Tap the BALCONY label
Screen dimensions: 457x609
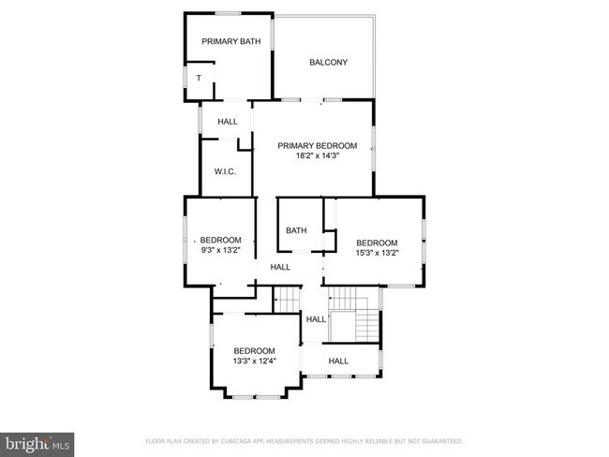tap(328, 63)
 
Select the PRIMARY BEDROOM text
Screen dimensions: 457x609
tap(317, 145)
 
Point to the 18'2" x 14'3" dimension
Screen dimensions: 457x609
tap(317, 157)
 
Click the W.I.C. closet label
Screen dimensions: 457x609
tap(224, 171)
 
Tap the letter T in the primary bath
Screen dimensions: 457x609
tap(198, 78)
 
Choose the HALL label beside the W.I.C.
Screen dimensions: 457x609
tap(228, 122)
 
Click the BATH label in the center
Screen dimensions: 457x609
tap(297, 230)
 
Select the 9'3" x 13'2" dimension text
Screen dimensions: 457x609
tap(221, 250)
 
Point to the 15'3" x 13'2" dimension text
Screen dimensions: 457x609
tap(377, 252)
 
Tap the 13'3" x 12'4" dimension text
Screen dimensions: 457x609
tap(254, 361)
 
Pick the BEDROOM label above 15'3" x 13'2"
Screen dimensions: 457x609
tap(377, 242)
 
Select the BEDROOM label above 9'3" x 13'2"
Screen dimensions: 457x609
tap(221, 240)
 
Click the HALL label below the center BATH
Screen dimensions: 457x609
tap(280, 267)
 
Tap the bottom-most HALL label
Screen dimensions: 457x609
tap(338, 361)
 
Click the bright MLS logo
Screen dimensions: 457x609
tap(37, 443)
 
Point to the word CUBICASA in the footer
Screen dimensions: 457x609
tap(243, 440)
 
